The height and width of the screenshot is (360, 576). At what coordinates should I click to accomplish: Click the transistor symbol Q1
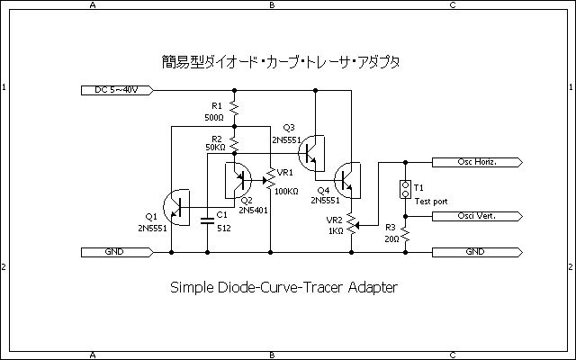(180, 208)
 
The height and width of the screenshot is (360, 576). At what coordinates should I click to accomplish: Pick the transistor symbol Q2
(238, 177)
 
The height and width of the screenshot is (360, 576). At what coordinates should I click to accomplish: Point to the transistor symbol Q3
(313, 150)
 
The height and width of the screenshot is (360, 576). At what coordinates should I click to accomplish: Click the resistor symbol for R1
(234, 108)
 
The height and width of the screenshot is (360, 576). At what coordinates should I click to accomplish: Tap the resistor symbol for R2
(234, 142)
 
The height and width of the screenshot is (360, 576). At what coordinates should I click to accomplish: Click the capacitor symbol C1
(208, 216)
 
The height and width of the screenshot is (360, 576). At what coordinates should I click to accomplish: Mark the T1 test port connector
(405, 190)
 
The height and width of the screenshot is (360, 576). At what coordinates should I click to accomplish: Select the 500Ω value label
(214, 118)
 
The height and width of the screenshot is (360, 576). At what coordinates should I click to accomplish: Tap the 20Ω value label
(390, 238)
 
